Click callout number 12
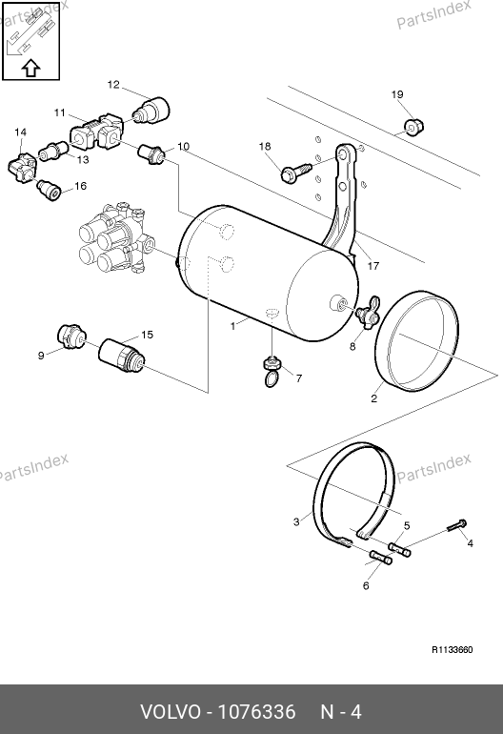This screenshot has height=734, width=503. pos(113,84)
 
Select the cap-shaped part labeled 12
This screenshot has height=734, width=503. pos(151,111)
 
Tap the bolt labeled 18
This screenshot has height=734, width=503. pos(295,172)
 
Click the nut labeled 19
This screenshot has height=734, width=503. pos(413,126)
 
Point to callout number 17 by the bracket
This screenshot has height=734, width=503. pos(372,266)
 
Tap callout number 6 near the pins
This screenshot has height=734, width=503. pos(366,585)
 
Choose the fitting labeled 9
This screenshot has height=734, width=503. pos(71,336)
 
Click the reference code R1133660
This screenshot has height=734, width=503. pos(452,650)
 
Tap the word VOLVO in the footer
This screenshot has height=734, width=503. pos(171,712)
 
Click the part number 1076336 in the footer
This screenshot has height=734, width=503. pos(257,712)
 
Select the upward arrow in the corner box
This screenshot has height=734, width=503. pos(30,68)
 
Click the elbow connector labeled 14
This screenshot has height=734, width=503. pos(23,167)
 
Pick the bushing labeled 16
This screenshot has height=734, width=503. pos(49,190)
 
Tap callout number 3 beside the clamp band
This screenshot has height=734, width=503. pos(296,521)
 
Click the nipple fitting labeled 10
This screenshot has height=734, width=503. pos(151,154)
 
